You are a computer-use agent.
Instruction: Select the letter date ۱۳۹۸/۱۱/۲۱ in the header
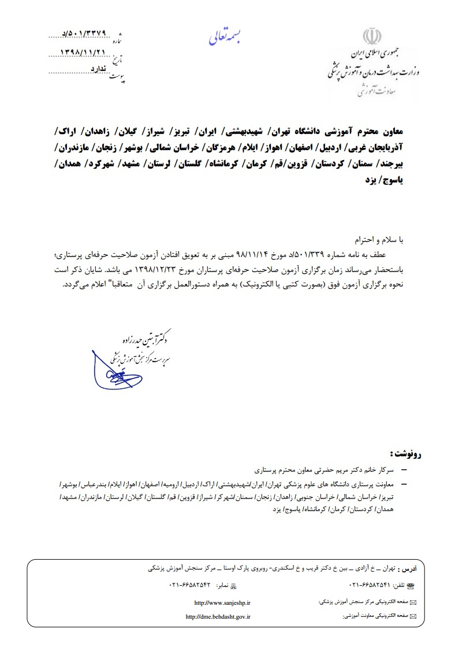pyautogui.click(x=84, y=51)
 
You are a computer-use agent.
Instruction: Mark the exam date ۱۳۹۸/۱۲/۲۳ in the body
pyautogui.click(x=182, y=269)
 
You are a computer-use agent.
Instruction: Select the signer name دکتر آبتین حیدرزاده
pyautogui.click(x=144, y=335)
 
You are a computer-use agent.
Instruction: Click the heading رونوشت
pyautogui.click(x=405, y=452)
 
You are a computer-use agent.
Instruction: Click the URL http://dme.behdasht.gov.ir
pyautogui.click(x=218, y=616)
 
